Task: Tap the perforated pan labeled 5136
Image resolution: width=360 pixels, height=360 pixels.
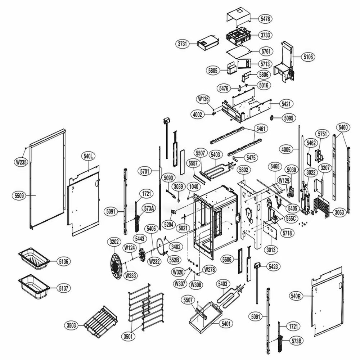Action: coord(34,259)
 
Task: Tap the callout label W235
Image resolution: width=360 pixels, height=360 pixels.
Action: coord(21,162)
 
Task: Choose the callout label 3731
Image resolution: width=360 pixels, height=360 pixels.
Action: coord(184,44)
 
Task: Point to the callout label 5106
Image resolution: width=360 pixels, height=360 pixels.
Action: coord(308,57)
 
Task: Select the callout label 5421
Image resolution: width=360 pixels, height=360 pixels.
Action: coord(287,103)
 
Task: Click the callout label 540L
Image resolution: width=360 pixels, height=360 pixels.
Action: coord(88,156)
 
